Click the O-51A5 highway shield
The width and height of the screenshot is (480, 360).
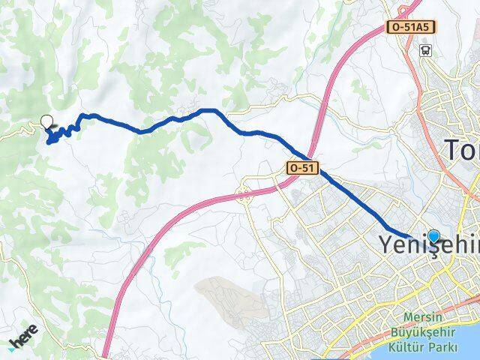(x=412, y=27)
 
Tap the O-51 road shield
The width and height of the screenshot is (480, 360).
(x=301, y=169)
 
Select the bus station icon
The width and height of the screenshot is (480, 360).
(x=426, y=50)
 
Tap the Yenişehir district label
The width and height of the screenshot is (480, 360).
(x=427, y=245)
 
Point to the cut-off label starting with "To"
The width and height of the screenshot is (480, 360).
(x=460, y=150)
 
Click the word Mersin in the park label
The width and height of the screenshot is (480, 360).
(x=424, y=316)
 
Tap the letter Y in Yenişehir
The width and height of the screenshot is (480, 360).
(x=382, y=244)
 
